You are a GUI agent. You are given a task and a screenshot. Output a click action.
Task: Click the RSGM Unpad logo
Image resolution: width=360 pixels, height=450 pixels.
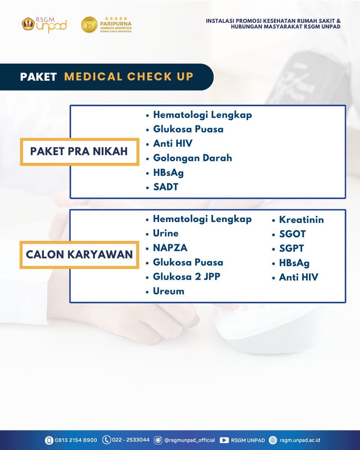[44, 25]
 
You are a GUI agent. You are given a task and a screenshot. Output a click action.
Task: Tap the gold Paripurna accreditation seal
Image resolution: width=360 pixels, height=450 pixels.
[89, 25]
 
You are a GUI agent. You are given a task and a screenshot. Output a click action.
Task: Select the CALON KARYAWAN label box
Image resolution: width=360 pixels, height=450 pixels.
[79, 254]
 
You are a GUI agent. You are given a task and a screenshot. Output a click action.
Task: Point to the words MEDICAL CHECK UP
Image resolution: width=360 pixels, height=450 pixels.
[129, 76]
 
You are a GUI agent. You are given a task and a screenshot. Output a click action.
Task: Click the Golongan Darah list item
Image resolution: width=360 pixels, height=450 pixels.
[192, 158]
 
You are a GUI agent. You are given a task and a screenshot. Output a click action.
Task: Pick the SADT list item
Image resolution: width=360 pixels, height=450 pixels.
[165, 187]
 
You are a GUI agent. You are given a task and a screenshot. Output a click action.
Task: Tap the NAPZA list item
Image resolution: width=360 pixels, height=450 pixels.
[170, 248]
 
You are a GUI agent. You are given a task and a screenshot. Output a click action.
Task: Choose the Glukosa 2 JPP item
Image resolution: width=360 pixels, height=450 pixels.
[186, 277]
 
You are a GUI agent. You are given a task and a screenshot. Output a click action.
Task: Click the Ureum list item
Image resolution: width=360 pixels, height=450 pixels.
[168, 291]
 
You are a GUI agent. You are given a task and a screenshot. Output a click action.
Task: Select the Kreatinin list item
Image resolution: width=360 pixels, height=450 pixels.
[301, 220]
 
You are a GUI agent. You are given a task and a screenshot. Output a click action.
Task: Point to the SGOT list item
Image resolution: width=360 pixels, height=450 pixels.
[292, 234]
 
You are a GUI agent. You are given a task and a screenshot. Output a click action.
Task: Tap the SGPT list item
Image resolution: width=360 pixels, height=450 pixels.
[291, 248]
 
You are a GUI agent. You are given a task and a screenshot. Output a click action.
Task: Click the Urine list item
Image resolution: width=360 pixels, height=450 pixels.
[165, 233]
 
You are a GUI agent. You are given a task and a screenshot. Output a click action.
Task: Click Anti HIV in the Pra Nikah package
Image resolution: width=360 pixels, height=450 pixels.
[172, 144]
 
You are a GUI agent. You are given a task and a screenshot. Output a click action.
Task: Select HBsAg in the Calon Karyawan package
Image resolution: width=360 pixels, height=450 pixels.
[294, 263]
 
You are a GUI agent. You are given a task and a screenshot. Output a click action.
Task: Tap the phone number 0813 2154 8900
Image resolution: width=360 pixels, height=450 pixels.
[76, 440]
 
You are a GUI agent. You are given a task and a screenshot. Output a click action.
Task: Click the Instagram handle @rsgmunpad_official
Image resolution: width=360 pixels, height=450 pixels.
[189, 440]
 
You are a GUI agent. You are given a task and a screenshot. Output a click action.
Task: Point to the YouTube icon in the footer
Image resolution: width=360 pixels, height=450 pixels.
[224, 440]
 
